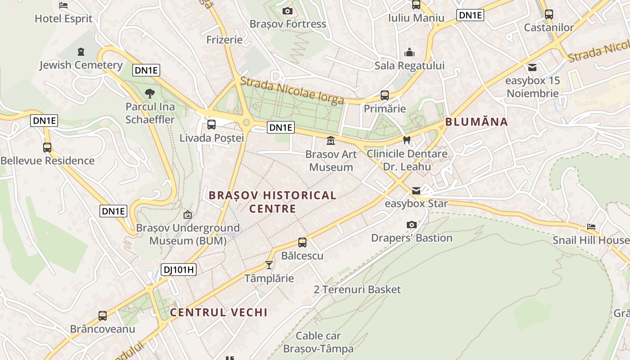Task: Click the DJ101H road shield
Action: (179, 270)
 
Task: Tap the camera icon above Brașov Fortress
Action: (288, 11)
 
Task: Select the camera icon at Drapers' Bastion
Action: (411, 225)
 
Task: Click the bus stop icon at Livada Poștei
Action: (211, 125)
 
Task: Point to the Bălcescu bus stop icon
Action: (302, 243)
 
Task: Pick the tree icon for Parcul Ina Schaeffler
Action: (150, 94)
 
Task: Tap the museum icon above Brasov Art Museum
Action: (331, 141)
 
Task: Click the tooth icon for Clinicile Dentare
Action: (407, 140)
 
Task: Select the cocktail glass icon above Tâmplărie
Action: (269, 265)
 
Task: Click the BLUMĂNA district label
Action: (477, 121)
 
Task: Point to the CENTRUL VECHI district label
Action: (219, 312)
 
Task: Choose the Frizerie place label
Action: (225, 40)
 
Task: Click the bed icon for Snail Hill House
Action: (591, 227)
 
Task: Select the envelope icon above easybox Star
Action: (416, 190)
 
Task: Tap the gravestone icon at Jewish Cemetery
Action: (81, 52)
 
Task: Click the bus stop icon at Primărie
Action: (384, 95)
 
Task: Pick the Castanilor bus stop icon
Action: (549, 14)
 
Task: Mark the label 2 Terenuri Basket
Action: (357, 289)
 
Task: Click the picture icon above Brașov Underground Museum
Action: (188, 215)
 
